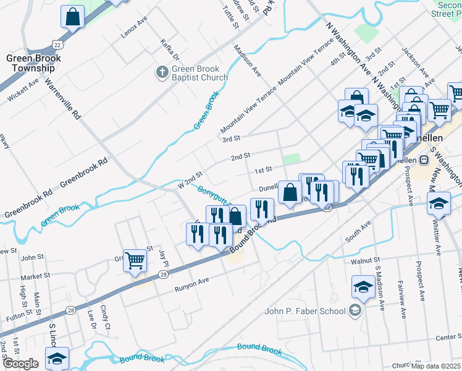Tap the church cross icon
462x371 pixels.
[162, 73]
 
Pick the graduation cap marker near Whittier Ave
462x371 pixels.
[438, 203]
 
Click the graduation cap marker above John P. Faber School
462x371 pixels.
[363, 287]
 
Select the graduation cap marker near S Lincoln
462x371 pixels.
[57, 359]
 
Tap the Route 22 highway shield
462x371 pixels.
[58, 45]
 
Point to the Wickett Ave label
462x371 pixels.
[23, 88]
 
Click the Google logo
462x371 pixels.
[20, 363]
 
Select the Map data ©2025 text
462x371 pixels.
[436, 366]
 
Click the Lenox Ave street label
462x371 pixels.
[135, 28]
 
